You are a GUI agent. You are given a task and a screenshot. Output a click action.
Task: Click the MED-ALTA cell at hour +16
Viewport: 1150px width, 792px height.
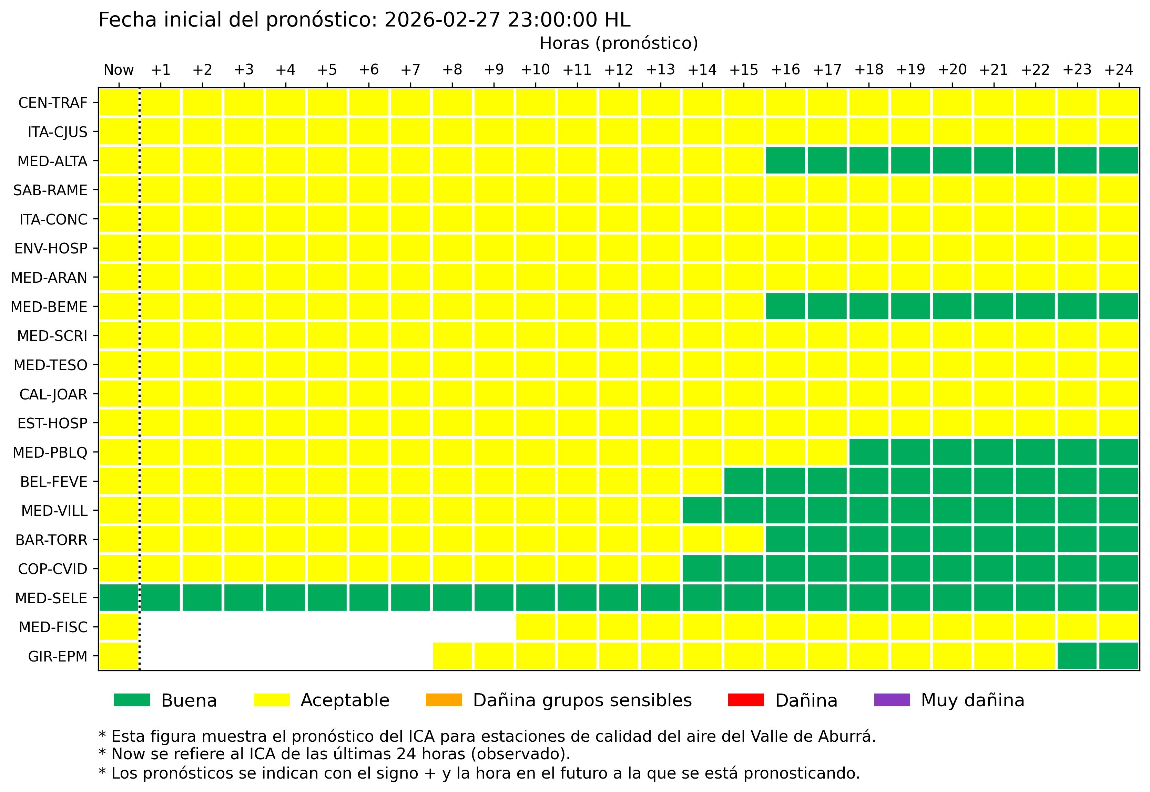point(785,160)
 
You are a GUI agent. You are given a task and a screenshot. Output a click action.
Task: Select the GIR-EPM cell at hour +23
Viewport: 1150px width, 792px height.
point(1077,656)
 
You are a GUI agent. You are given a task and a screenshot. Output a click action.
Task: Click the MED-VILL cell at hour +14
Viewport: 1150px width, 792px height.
point(702,510)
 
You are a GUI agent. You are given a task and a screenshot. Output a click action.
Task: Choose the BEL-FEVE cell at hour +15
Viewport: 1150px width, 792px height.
point(743,481)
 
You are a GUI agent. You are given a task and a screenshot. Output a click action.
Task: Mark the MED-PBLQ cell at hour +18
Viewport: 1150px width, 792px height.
point(868,452)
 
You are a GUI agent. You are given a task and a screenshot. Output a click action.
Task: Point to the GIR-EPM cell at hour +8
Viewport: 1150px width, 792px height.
point(452,656)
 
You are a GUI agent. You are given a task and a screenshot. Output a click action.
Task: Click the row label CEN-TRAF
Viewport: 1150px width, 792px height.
point(53,103)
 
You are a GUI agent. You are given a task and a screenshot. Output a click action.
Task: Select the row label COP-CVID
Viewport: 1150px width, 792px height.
point(53,569)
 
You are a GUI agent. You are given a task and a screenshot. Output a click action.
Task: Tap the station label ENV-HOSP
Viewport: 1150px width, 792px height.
point(51,248)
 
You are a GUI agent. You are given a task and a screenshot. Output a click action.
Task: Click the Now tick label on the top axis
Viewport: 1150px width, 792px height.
point(119,70)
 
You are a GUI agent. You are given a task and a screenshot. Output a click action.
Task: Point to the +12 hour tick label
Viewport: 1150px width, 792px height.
point(618,70)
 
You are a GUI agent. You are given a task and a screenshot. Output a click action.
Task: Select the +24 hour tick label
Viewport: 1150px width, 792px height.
point(1118,70)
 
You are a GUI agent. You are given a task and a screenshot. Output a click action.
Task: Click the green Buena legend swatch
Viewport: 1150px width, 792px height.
point(132,700)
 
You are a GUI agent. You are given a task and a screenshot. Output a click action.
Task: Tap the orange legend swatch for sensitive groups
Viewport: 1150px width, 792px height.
point(444,700)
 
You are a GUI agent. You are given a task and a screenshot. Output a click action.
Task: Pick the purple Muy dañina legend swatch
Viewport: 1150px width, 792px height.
point(892,700)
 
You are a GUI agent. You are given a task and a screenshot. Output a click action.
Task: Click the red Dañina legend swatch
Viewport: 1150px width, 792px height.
point(746,700)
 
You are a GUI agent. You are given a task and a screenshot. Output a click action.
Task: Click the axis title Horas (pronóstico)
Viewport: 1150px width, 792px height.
point(619,44)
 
